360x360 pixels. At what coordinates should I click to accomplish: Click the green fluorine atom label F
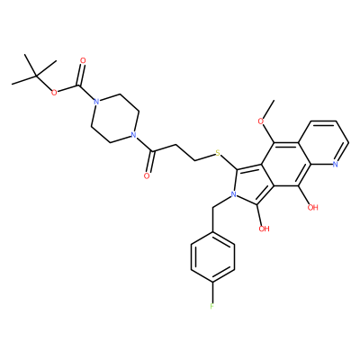(x=212, y=307)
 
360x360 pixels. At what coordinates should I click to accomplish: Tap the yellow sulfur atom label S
(x=218, y=154)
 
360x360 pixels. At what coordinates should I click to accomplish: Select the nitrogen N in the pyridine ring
(x=335, y=164)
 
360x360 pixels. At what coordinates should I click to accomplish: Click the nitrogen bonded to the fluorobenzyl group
(x=233, y=194)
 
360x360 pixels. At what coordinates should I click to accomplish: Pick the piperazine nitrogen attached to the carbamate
(x=95, y=102)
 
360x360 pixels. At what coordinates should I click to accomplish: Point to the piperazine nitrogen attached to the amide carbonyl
(x=134, y=134)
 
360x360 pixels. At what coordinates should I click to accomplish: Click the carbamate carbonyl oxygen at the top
(x=83, y=61)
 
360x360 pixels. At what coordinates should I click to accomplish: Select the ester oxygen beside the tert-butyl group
(x=54, y=93)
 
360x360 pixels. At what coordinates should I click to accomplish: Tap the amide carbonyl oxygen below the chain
(x=147, y=175)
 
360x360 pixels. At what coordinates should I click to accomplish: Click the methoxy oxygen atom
(x=261, y=121)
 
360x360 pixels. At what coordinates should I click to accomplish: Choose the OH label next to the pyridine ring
(x=313, y=207)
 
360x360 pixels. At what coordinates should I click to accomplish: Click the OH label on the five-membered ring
(x=264, y=229)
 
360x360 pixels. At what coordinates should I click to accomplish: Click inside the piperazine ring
(x=115, y=118)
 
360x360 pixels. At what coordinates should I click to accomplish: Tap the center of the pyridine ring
(x=324, y=143)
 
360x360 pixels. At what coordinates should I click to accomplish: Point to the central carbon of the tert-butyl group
(x=36, y=76)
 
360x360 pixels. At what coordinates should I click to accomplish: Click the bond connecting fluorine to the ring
(x=212, y=292)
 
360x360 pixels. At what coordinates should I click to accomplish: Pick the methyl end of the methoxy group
(x=274, y=100)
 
